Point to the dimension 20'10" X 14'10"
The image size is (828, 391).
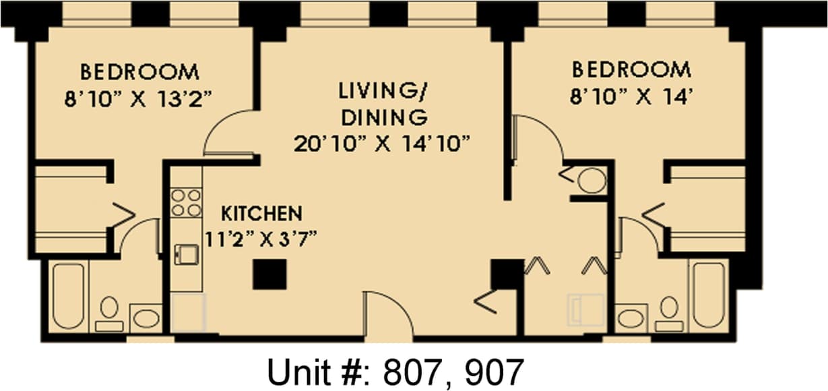[381, 144]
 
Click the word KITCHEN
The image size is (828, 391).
[261, 214]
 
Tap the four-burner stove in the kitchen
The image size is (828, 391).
[186, 202]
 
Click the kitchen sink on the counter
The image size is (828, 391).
[187, 254]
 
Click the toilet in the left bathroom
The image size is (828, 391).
[109, 313]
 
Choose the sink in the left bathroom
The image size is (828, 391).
[146, 318]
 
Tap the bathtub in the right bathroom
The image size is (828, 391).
[708, 295]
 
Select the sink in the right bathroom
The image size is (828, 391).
[631, 318]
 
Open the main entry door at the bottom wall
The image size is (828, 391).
[387, 315]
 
